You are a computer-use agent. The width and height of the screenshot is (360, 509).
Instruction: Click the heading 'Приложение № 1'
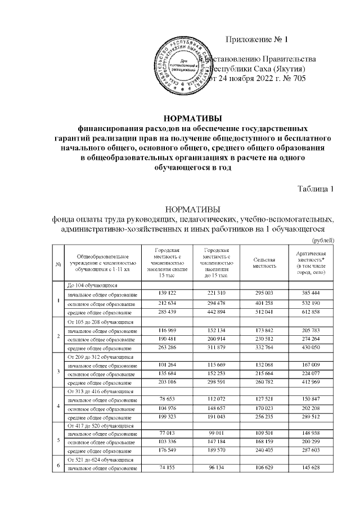256,39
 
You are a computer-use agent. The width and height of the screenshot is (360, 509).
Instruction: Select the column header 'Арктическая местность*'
311,263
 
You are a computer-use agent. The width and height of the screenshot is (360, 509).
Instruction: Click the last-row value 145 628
311,468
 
